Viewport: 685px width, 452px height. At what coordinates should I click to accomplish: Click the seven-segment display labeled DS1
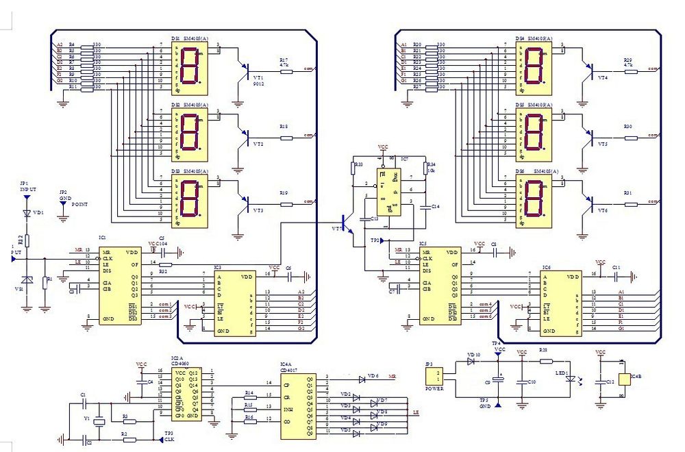[188, 68]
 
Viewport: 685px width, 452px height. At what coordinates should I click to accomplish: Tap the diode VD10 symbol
[471, 361]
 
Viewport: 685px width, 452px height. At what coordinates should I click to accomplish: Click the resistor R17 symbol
[285, 68]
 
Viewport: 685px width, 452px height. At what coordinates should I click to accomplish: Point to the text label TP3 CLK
[169, 436]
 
